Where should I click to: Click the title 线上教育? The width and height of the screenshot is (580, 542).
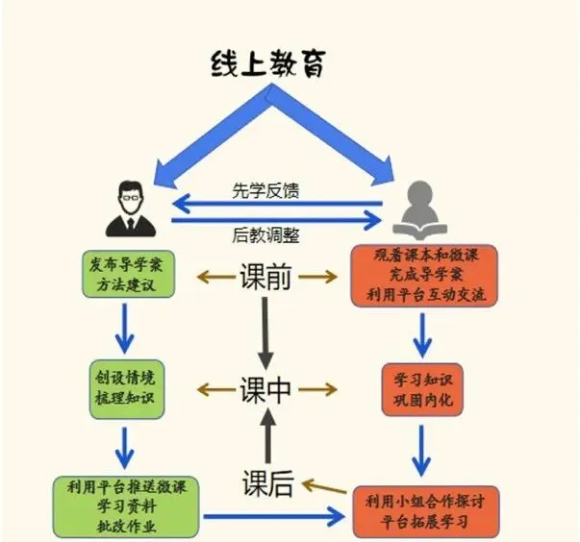click(x=268, y=64)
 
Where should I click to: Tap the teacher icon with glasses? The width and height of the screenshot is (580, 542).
click(x=131, y=209)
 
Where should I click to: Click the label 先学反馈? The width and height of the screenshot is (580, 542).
click(x=265, y=190)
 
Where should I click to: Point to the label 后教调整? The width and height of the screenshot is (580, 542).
click(x=265, y=235)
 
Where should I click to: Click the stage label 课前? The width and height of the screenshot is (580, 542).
click(x=265, y=276)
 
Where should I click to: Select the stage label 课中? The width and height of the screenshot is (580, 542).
click(x=265, y=390)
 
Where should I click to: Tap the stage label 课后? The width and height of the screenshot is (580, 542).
click(x=267, y=483)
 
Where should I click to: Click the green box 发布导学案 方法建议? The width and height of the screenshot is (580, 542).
click(x=128, y=274)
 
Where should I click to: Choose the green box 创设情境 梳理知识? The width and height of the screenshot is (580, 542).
click(x=127, y=389)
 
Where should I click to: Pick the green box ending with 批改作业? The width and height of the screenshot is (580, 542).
click(x=126, y=506)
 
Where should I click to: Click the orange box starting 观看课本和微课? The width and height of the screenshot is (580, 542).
click(x=424, y=276)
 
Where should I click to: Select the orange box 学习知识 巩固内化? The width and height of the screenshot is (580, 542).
click(x=422, y=390)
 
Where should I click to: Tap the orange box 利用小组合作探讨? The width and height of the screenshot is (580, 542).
click(x=426, y=511)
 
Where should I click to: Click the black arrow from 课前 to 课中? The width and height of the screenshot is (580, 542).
click(x=265, y=333)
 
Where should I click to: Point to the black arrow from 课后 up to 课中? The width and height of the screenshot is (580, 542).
click(x=267, y=436)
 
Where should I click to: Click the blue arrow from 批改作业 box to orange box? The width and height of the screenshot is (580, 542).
click(x=274, y=516)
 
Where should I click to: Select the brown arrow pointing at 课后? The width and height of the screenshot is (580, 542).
click(x=324, y=486)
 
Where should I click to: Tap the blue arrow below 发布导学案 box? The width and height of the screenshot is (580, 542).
click(x=125, y=329)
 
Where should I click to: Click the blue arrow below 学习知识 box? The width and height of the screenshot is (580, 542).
click(x=421, y=451)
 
